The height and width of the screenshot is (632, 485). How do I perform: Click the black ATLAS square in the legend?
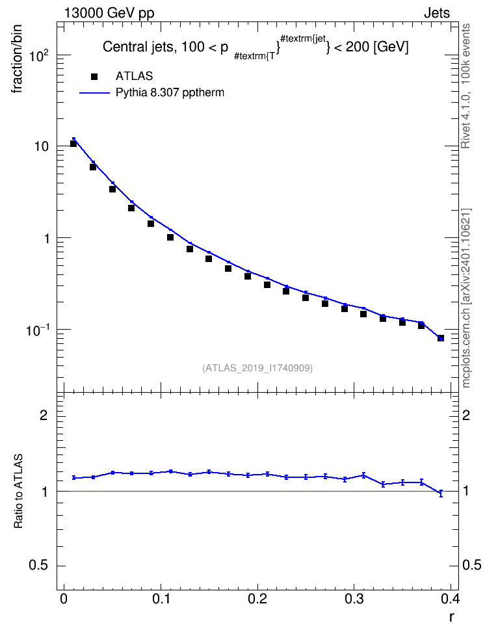pyautogui.click(x=94, y=77)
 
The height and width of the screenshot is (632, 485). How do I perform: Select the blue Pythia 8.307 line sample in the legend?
pyautogui.click(x=94, y=93)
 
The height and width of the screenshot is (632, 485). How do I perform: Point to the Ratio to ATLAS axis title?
pyautogui.click(x=18, y=491)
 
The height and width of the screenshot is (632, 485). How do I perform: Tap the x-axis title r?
pyautogui.click(x=452, y=617)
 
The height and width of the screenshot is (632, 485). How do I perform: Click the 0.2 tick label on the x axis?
pyautogui.click(x=257, y=599)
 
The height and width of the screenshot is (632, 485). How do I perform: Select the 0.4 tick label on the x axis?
pyautogui.click(x=450, y=599)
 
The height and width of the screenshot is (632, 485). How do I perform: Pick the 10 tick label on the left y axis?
pyautogui.click(x=42, y=146)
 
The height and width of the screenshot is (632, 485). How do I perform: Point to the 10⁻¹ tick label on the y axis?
pyautogui.click(x=38, y=330)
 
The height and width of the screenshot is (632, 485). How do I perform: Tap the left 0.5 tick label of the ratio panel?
pyautogui.click(x=38, y=566)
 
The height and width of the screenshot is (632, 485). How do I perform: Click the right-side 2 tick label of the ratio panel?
pyautogui.click(x=466, y=415)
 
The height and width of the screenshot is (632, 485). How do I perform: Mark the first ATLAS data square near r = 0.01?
pyautogui.click(x=73, y=144)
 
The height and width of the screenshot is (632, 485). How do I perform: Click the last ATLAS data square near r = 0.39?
pyautogui.click(x=441, y=338)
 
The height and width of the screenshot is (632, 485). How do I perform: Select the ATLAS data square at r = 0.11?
pyautogui.click(x=170, y=237)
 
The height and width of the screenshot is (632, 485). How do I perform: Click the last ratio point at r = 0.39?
pyautogui.click(x=441, y=493)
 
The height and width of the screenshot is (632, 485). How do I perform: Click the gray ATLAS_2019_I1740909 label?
pyautogui.click(x=257, y=368)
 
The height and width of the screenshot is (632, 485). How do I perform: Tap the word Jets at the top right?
pyautogui.click(x=437, y=13)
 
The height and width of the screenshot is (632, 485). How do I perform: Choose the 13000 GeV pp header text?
pyautogui.click(x=109, y=13)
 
